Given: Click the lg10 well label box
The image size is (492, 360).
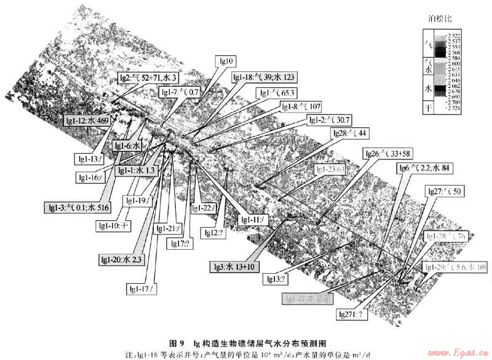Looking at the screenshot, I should point(227,61).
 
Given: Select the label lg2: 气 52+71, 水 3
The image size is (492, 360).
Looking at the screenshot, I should point(149,78).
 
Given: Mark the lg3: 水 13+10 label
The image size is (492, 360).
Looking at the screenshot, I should point(236,266).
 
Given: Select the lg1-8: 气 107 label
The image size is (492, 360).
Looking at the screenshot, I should point(301,106).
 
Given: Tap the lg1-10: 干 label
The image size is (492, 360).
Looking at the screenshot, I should point(114,225).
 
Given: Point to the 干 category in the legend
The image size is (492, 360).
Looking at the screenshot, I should point(429,108).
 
